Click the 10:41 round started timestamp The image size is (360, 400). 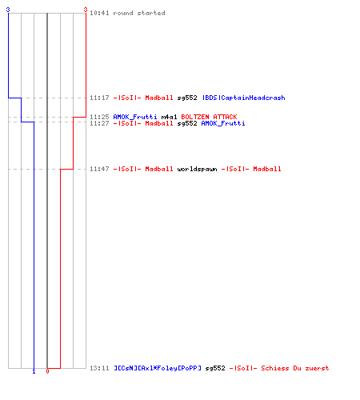(x=99, y=13)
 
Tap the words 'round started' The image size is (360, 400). (x=139, y=13)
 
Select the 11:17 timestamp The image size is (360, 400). (x=99, y=98)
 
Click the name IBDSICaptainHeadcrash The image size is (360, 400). (x=243, y=98)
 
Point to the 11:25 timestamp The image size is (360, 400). (x=99, y=117)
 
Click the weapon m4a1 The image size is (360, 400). (x=169, y=117)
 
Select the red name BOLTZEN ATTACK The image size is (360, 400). (x=209, y=117)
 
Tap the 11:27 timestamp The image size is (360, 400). (x=99, y=123)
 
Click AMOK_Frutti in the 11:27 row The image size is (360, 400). (x=223, y=123)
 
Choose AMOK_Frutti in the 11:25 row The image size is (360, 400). (x=135, y=117)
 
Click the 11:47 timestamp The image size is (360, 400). (x=99, y=169)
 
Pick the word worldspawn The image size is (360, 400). (x=197, y=169)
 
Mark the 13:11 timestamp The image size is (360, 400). (x=99, y=368)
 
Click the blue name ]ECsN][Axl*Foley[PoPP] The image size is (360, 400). (x=158, y=368)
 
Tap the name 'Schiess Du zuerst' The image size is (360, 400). (x=295, y=368)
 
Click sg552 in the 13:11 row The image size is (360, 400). (x=215, y=368)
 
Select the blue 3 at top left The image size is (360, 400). (x=8, y=10)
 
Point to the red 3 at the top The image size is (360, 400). (x=86, y=10)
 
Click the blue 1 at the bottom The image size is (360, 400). (x=34, y=372)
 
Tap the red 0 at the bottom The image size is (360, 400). (x=47, y=371)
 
